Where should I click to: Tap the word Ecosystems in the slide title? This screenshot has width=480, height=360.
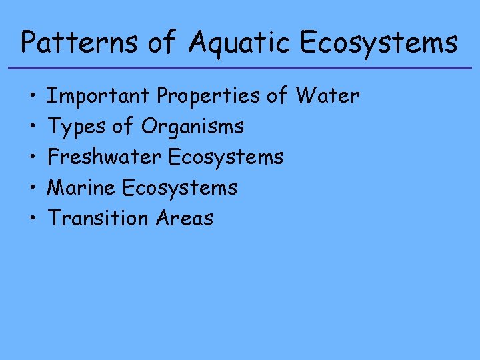tap(379, 43)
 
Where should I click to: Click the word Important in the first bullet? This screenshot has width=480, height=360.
tap(99, 97)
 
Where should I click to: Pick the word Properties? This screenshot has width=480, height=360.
tap(208, 97)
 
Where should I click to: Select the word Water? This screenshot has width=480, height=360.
tap(328, 96)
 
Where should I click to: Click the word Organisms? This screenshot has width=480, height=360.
tap(193, 127)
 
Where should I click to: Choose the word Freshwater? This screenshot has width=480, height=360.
tap(105, 157)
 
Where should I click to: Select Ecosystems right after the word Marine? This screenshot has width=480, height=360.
tap(180, 188)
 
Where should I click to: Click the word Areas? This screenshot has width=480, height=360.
tap(185, 218)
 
